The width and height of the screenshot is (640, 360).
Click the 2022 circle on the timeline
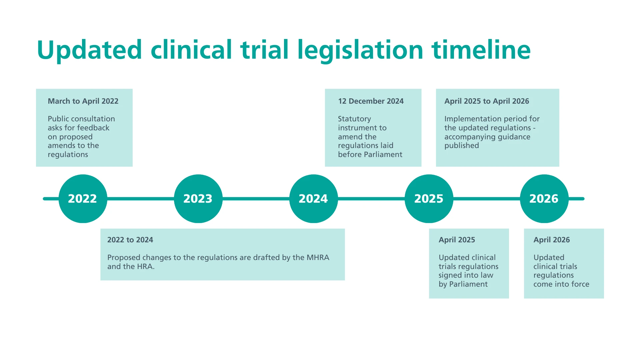click(x=83, y=199)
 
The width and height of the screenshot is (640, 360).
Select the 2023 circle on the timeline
click(x=198, y=199)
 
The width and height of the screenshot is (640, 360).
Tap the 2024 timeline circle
click(x=313, y=199)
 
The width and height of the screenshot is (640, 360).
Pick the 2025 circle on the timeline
click(x=429, y=199)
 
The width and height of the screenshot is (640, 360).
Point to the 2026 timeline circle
click(x=544, y=199)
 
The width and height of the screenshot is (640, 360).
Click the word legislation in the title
click(x=360, y=50)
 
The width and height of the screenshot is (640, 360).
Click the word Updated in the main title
click(x=89, y=50)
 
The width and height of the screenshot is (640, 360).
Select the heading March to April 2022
click(x=83, y=101)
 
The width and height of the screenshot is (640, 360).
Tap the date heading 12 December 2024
click(x=371, y=101)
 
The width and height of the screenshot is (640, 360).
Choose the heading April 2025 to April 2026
click(x=487, y=101)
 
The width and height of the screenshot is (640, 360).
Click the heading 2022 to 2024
click(x=130, y=240)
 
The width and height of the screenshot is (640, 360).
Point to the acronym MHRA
click(x=318, y=257)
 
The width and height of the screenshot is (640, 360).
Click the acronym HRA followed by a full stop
click(x=146, y=266)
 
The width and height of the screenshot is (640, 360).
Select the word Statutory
click(x=354, y=119)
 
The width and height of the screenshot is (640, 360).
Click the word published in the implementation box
click(x=462, y=145)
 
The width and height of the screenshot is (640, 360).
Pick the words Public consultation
click(x=81, y=119)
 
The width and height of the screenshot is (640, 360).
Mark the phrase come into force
click(x=561, y=284)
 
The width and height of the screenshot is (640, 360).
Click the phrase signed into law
click(x=466, y=275)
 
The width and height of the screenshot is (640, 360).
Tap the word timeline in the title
click(x=481, y=50)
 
